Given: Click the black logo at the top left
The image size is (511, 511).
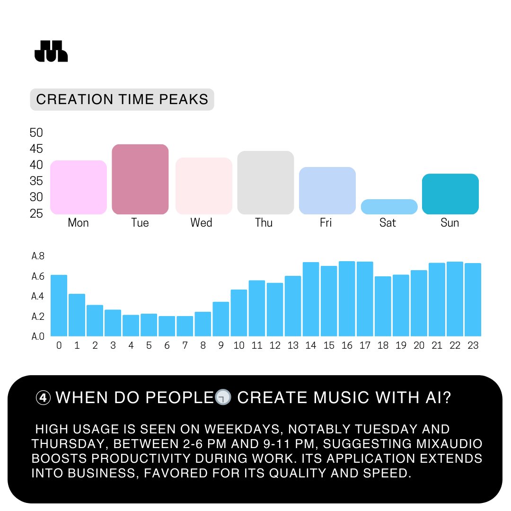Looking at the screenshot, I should [51, 51].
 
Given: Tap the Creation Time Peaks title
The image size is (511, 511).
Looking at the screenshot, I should [122, 99].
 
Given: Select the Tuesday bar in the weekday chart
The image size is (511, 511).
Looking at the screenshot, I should [140, 179].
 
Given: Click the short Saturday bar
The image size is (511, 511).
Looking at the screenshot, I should [389, 207].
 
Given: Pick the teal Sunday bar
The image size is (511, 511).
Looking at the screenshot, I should [450, 194].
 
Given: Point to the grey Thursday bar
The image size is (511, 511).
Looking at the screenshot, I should [265, 183].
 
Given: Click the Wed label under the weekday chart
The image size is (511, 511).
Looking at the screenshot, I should [201, 222].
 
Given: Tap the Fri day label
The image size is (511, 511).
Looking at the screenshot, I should [326, 222].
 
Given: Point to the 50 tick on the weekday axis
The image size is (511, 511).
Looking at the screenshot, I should [36, 133].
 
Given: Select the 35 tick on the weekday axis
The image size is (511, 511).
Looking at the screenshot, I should [36, 181].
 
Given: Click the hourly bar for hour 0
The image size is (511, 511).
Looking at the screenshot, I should [59, 305].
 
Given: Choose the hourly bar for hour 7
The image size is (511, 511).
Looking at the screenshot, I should [185, 326].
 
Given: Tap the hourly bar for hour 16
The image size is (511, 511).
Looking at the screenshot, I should [347, 299].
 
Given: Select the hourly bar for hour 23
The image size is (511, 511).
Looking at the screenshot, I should [473, 300].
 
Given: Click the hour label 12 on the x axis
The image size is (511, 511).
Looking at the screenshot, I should [275, 346].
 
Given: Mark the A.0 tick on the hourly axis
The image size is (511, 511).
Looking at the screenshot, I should [38, 337].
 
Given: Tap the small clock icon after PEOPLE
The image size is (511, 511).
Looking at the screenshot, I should [223, 398].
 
